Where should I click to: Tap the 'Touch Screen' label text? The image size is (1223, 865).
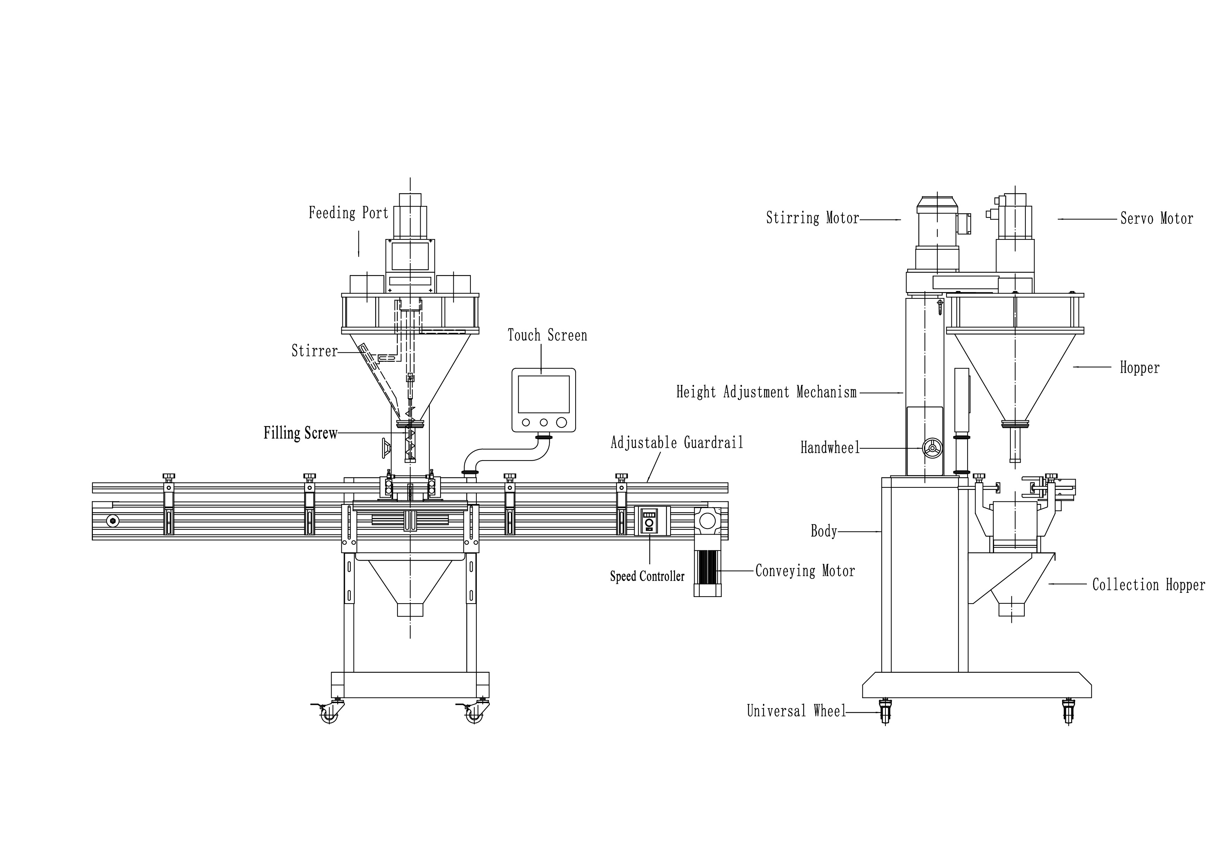coord(547,336)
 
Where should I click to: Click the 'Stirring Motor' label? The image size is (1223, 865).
coord(812,218)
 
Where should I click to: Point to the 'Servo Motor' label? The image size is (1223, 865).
coord(1156,218)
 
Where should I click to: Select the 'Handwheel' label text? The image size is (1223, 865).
coord(830,448)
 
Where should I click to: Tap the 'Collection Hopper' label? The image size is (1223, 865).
coord(1148,585)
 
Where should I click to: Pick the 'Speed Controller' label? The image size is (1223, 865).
coord(647,576)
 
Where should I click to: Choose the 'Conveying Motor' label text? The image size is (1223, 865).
coord(805,571)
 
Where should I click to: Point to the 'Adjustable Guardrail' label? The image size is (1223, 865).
coord(676,443)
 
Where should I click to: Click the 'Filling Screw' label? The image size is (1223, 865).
coord(301,433)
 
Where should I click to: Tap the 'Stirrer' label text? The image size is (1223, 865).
coord(314,351)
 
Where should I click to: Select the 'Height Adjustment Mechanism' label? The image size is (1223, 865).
coord(766,393)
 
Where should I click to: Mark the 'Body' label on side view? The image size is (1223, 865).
coord(823,531)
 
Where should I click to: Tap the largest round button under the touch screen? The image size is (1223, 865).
coord(562,422)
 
